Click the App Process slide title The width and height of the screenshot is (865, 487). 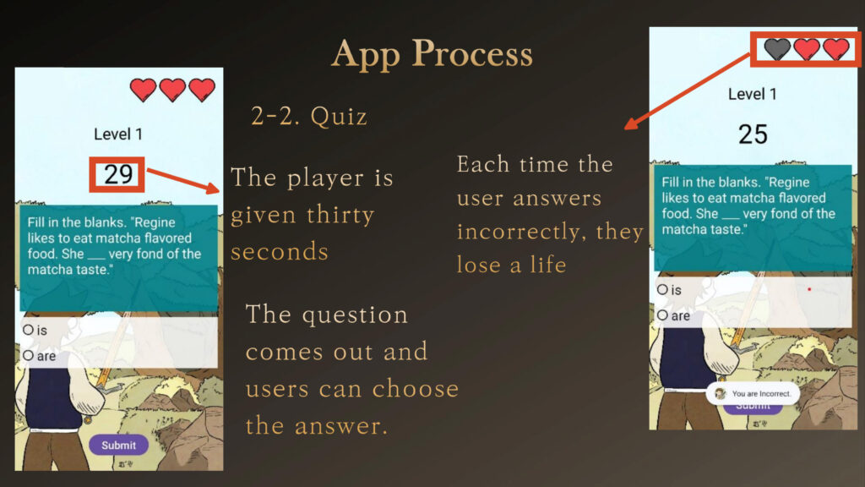pos(432,54)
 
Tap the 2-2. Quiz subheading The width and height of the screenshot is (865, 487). pos(309,116)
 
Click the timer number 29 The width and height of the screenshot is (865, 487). pos(118,174)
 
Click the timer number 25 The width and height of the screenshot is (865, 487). pos(753,134)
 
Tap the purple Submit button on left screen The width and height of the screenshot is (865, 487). pos(118,445)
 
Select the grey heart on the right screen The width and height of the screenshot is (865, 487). pos(777,49)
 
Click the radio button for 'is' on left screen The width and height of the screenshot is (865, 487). pos(28,330)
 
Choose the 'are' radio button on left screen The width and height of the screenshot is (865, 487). pos(28,356)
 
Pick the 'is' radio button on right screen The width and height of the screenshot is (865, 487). pos(662,289)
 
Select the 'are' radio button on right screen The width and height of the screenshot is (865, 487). pos(662,315)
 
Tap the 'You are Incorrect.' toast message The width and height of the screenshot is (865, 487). pos(753,394)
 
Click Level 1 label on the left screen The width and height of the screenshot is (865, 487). pos(118,134)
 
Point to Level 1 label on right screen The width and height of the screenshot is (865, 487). pos(753,94)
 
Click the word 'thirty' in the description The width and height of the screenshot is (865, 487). pos(340,214)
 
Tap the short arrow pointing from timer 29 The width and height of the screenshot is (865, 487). pos(183,181)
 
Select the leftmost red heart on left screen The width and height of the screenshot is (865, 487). pos(143,90)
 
